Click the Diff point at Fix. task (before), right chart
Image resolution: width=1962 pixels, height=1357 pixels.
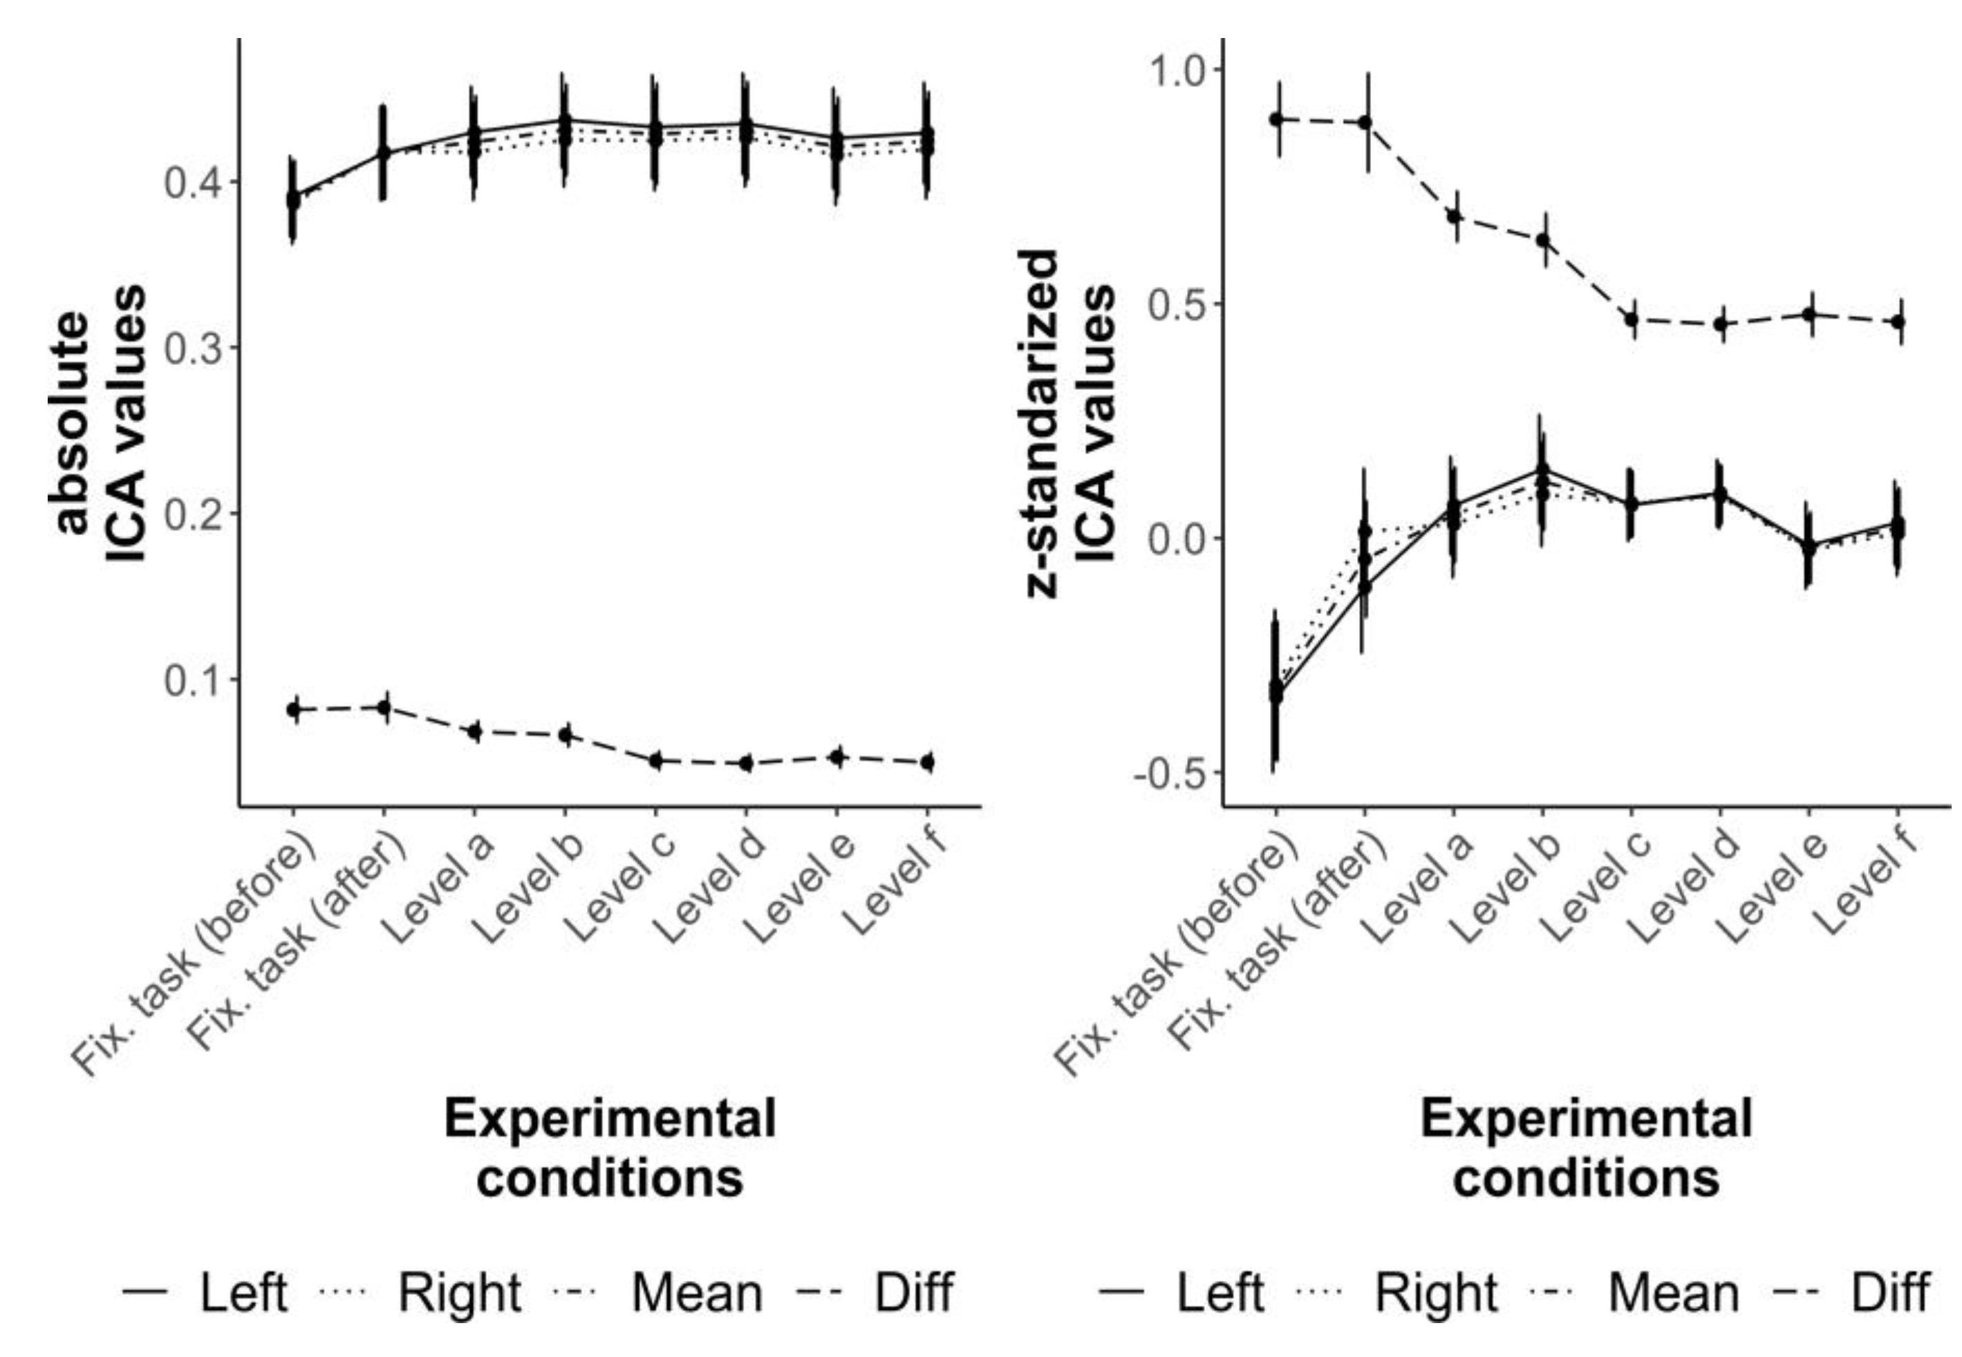[1276, 119]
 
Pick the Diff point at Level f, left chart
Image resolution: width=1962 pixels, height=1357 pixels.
[928, 762]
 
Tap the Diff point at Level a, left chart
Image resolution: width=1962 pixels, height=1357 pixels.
[474, 731]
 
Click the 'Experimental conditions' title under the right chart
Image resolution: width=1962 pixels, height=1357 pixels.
[1587, 1148]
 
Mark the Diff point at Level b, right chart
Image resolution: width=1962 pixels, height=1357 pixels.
[1542, 241]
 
